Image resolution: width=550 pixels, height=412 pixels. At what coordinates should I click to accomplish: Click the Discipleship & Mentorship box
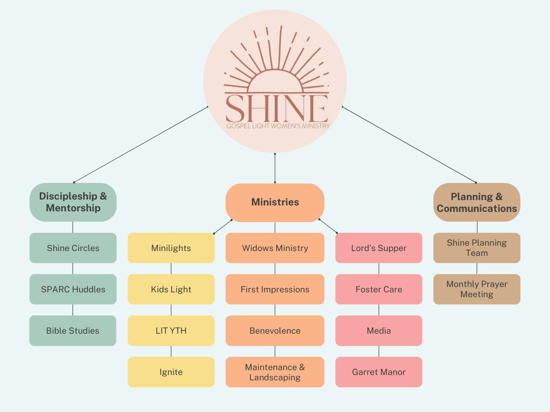[73, 202]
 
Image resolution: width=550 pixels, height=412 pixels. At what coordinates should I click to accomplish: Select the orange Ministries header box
[275, 202]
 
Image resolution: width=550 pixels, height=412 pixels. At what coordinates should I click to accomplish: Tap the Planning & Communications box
[477, 202]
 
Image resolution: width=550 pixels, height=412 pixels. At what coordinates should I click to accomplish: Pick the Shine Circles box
[73, 248]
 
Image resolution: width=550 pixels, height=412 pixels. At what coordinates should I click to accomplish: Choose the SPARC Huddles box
[73, 289]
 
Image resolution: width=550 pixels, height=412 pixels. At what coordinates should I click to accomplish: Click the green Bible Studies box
[73, 330]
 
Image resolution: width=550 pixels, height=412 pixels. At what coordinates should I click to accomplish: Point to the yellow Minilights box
[171, 248]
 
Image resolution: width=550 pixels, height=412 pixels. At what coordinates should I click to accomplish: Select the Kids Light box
[171, 289]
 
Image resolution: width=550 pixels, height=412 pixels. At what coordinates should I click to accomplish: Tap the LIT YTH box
[171, 330]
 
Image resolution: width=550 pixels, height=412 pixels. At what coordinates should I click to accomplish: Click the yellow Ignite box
[171, 372]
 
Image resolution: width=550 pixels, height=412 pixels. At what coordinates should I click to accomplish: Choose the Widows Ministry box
[275, 248]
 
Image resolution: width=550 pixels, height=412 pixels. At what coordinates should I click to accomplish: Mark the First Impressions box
[275, 289]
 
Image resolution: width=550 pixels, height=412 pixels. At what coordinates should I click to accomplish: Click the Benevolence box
[275, 330]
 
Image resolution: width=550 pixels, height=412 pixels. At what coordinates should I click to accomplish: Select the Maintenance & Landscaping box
[275, 372]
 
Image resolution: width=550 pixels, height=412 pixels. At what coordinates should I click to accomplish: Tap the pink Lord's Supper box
[379, 248]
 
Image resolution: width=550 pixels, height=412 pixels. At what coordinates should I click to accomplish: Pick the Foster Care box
[379, 289]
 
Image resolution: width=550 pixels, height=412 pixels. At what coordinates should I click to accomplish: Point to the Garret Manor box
[379, 372]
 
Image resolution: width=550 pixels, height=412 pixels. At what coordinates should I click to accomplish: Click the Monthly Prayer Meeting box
[477, 289]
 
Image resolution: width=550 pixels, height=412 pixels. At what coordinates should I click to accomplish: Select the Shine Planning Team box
[477, 248]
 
